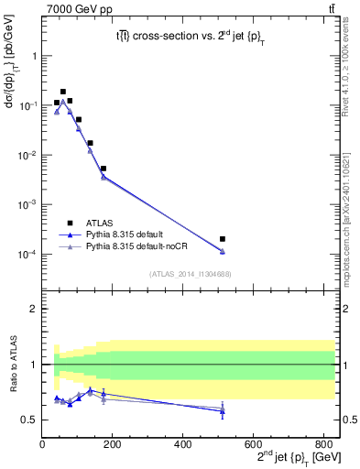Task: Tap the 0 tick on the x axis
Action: (x=42, y=444)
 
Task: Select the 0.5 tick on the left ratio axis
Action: (x=29, y=420)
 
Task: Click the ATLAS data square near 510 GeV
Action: (x=224, y=239)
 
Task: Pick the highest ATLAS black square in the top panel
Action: (x=63, y=92)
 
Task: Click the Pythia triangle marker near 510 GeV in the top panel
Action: (x=224, y=251)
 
